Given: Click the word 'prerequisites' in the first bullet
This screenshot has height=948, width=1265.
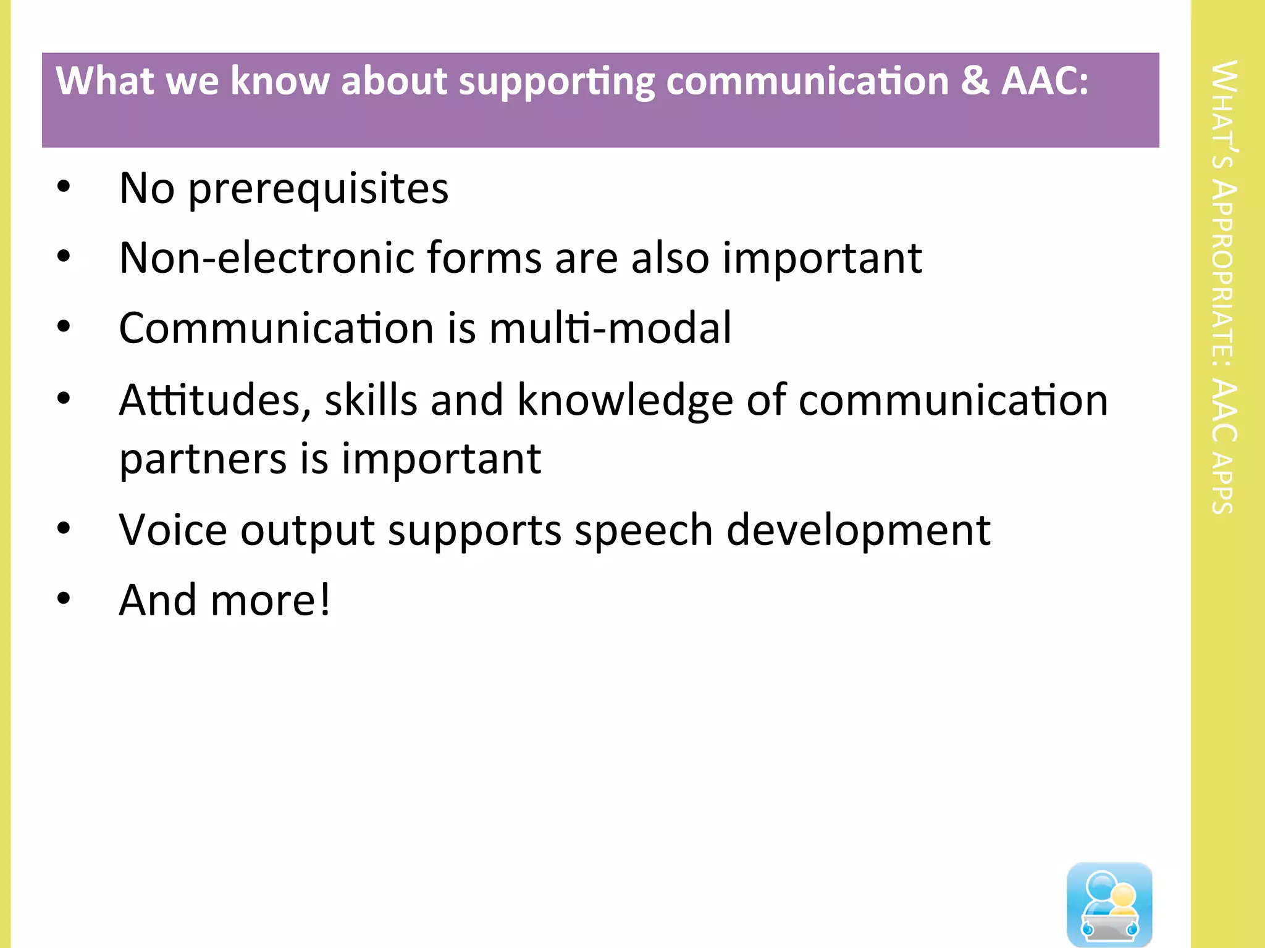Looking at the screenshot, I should click(x=318, y=189).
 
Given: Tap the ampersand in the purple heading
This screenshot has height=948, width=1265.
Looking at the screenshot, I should click(x=975, y=81).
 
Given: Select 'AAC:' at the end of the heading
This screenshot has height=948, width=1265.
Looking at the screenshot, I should click(x=1044, y=81).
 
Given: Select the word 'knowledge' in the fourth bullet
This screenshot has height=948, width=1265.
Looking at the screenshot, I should click(x=624, y=401).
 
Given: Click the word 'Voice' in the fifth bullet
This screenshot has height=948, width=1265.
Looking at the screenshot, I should click(x=173, y=530).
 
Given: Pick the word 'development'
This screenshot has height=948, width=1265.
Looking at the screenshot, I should click(x=858, y=531).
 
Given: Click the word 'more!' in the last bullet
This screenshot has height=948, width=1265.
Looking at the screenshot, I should click(x=271, y=601).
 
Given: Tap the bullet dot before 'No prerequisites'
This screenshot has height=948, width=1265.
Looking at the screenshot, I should click(x=64, y=187).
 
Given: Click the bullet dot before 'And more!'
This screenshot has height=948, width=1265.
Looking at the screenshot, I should click(x=64, y=598).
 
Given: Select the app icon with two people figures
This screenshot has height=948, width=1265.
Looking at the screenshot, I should click(x=1109, y=904).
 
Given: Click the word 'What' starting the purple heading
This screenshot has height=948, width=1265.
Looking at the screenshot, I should click(x=104, y=81).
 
